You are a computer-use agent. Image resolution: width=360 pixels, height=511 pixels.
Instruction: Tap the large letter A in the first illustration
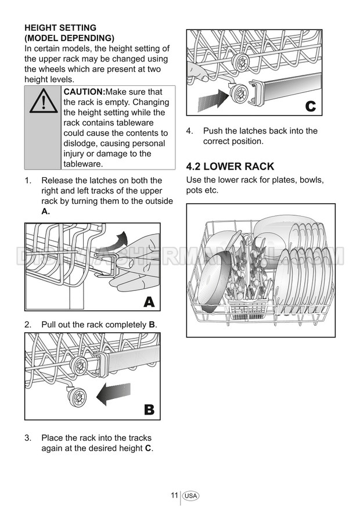[x=149, y=302]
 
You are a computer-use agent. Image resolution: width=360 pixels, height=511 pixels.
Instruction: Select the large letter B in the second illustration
[x=149, y=409]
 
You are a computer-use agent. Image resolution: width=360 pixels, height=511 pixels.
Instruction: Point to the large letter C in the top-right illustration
[x=311, y=106]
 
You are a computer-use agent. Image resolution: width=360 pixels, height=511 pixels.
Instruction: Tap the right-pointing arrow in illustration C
[x=214, y=98]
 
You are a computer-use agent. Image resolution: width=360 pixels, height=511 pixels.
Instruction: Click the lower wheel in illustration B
[x=77, y=397]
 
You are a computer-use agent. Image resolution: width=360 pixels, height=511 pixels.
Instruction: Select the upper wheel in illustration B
[x=79, y=366]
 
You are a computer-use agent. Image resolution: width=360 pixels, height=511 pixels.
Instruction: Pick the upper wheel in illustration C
[x=242, y=62]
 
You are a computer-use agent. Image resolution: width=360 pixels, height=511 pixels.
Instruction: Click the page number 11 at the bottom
[x=174, y=495]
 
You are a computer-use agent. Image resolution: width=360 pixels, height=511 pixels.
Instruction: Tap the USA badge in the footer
[x=190, y=496]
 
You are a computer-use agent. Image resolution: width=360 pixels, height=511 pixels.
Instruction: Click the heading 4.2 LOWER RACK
[x=230, y=167]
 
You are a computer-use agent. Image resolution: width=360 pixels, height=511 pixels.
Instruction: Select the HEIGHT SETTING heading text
[x=60, y=28]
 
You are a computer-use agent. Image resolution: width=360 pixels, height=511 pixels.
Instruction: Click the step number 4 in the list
[x=190, y=131]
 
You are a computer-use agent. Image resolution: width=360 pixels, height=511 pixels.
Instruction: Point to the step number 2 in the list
[x=28, y=325]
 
